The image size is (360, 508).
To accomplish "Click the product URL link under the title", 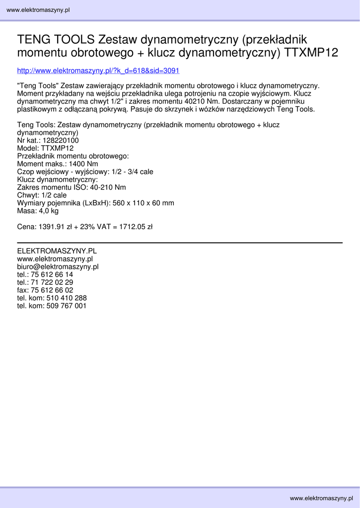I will [x=98, y=70].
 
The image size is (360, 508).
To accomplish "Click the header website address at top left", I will [x=38, y=10].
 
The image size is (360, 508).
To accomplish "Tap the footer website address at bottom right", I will [x=321, y=498].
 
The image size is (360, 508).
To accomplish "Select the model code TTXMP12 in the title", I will [x=311, y=53].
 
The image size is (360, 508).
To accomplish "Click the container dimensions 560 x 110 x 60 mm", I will [x=144, y=203].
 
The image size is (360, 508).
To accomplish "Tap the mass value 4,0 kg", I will [x=48, y=211].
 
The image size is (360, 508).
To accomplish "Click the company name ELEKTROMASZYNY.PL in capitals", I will [x=57, y=251].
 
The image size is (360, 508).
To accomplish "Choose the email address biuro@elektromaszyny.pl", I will [x=58, y=266].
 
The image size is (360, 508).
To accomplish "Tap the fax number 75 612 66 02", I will [x=52, y=290].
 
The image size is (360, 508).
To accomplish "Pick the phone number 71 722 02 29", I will [x=52, y=282].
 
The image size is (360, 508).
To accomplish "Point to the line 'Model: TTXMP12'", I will [x=45, y=148].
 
